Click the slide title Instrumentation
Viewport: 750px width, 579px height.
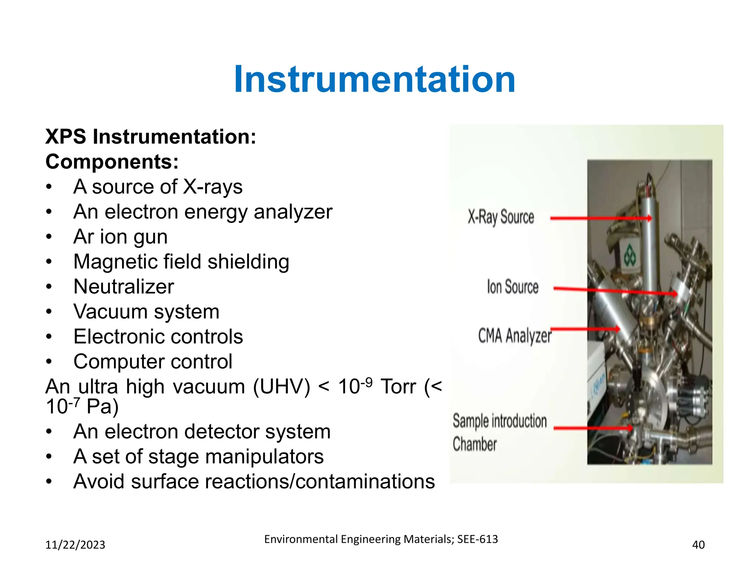click(374, 79)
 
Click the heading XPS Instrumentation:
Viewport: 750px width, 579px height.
click(151, 137)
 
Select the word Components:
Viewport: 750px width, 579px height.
click(112, 162)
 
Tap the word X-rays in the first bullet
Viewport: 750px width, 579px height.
click(212, 187)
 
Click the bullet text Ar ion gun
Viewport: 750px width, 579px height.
click(120, 237)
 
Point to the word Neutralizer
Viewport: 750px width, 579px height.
click(123, 287)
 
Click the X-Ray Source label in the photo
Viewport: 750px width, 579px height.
click(501, 217)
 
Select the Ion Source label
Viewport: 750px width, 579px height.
click(512, 287)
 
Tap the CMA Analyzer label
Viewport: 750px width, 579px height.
click(514, 336)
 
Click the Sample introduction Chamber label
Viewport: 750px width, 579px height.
click(499, 432)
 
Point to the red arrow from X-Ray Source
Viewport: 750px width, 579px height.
click(601, 218)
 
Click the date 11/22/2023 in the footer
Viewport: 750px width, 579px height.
click(75, 545)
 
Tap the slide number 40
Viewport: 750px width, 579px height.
click(698, 545)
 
